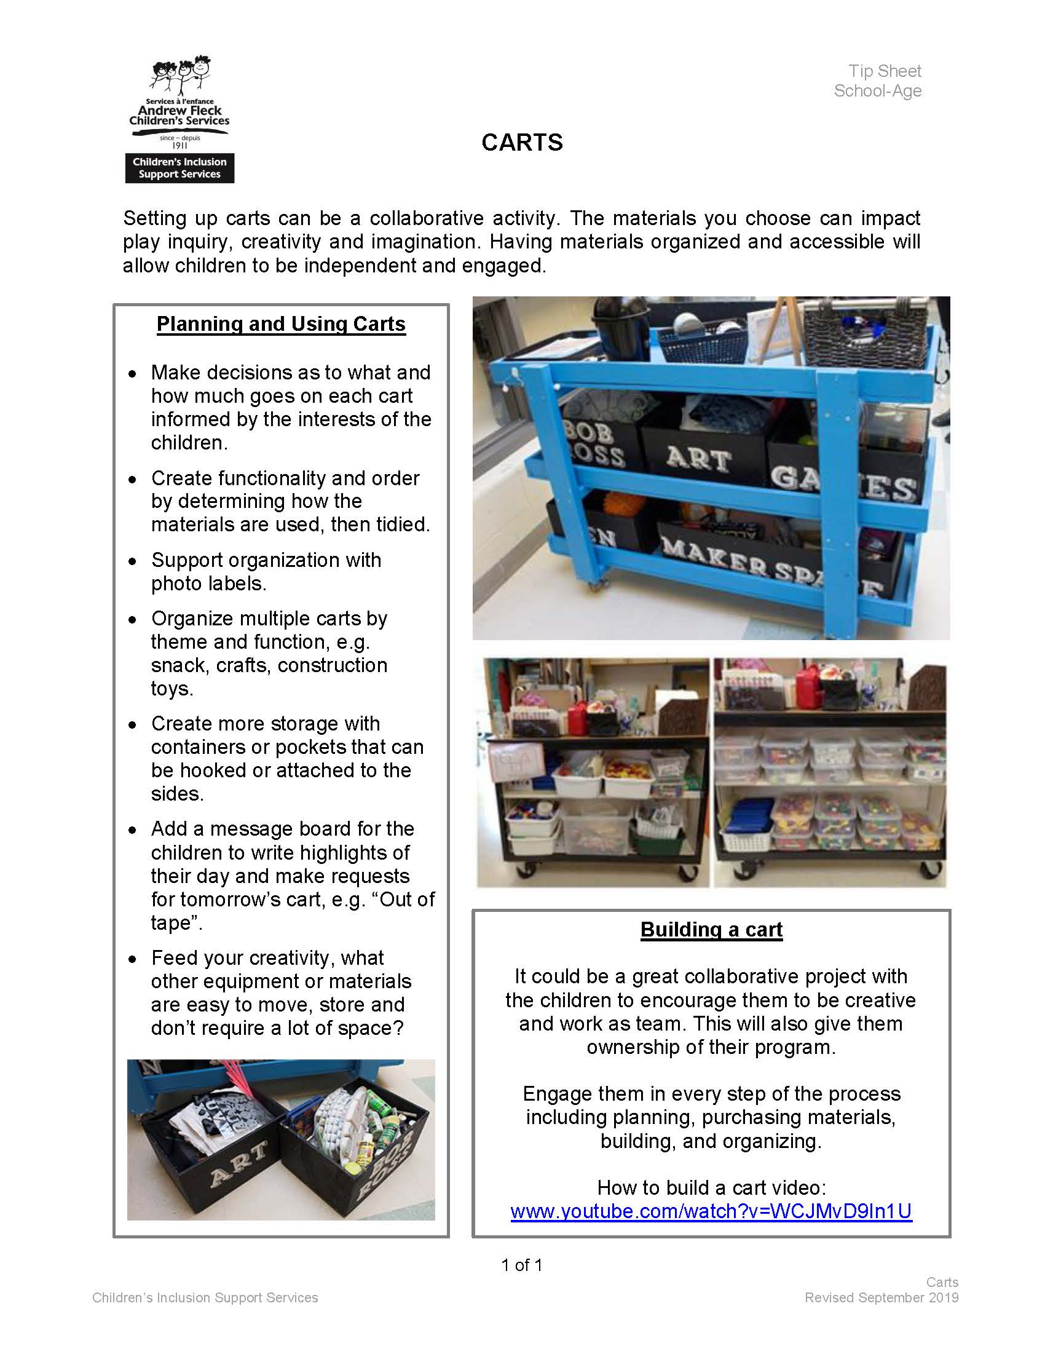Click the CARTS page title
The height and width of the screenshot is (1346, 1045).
522,143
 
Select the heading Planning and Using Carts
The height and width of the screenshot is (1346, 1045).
281,324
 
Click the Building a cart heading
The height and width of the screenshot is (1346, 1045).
711,928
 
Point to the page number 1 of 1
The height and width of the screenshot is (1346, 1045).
522,1265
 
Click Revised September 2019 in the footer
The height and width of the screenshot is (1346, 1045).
881,1297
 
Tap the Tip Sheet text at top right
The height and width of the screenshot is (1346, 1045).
884,71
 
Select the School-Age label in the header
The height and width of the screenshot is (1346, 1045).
877,91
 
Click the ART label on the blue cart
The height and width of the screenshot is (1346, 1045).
698,459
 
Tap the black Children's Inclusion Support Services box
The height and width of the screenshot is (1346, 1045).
179,168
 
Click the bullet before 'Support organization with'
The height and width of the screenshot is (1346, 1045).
133,561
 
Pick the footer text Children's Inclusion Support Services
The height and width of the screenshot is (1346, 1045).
205,1297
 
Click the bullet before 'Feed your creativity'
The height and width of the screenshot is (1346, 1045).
133,959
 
